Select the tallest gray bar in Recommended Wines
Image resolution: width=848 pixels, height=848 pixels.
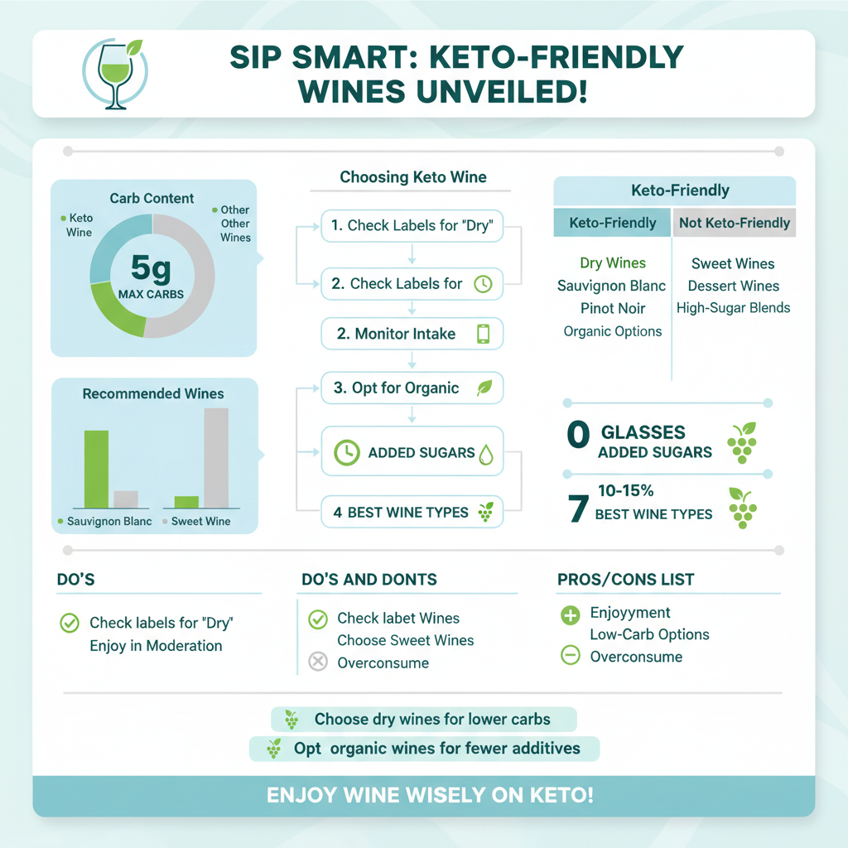click(216, 457)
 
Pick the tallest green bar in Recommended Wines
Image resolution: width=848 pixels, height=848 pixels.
click(96, 469)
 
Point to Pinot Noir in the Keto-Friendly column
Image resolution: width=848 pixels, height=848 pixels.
click(613, 308)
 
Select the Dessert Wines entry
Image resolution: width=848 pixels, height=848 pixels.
click(733, 286)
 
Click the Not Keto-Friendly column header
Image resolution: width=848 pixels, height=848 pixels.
click(734, 223)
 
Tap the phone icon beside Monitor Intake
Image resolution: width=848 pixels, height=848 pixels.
click(484, 334)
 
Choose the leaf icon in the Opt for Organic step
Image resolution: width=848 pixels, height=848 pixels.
click(484, 388)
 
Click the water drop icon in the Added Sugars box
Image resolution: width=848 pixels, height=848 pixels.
click(486, 453)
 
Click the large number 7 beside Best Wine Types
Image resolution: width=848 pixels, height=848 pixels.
click(578, 507)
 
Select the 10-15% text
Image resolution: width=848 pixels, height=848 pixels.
click(625, 491)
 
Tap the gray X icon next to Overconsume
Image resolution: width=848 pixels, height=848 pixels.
click(317, 662)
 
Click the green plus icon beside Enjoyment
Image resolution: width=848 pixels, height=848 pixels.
click(571, 614)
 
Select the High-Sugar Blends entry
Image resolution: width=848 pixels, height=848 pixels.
click(733, 308)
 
